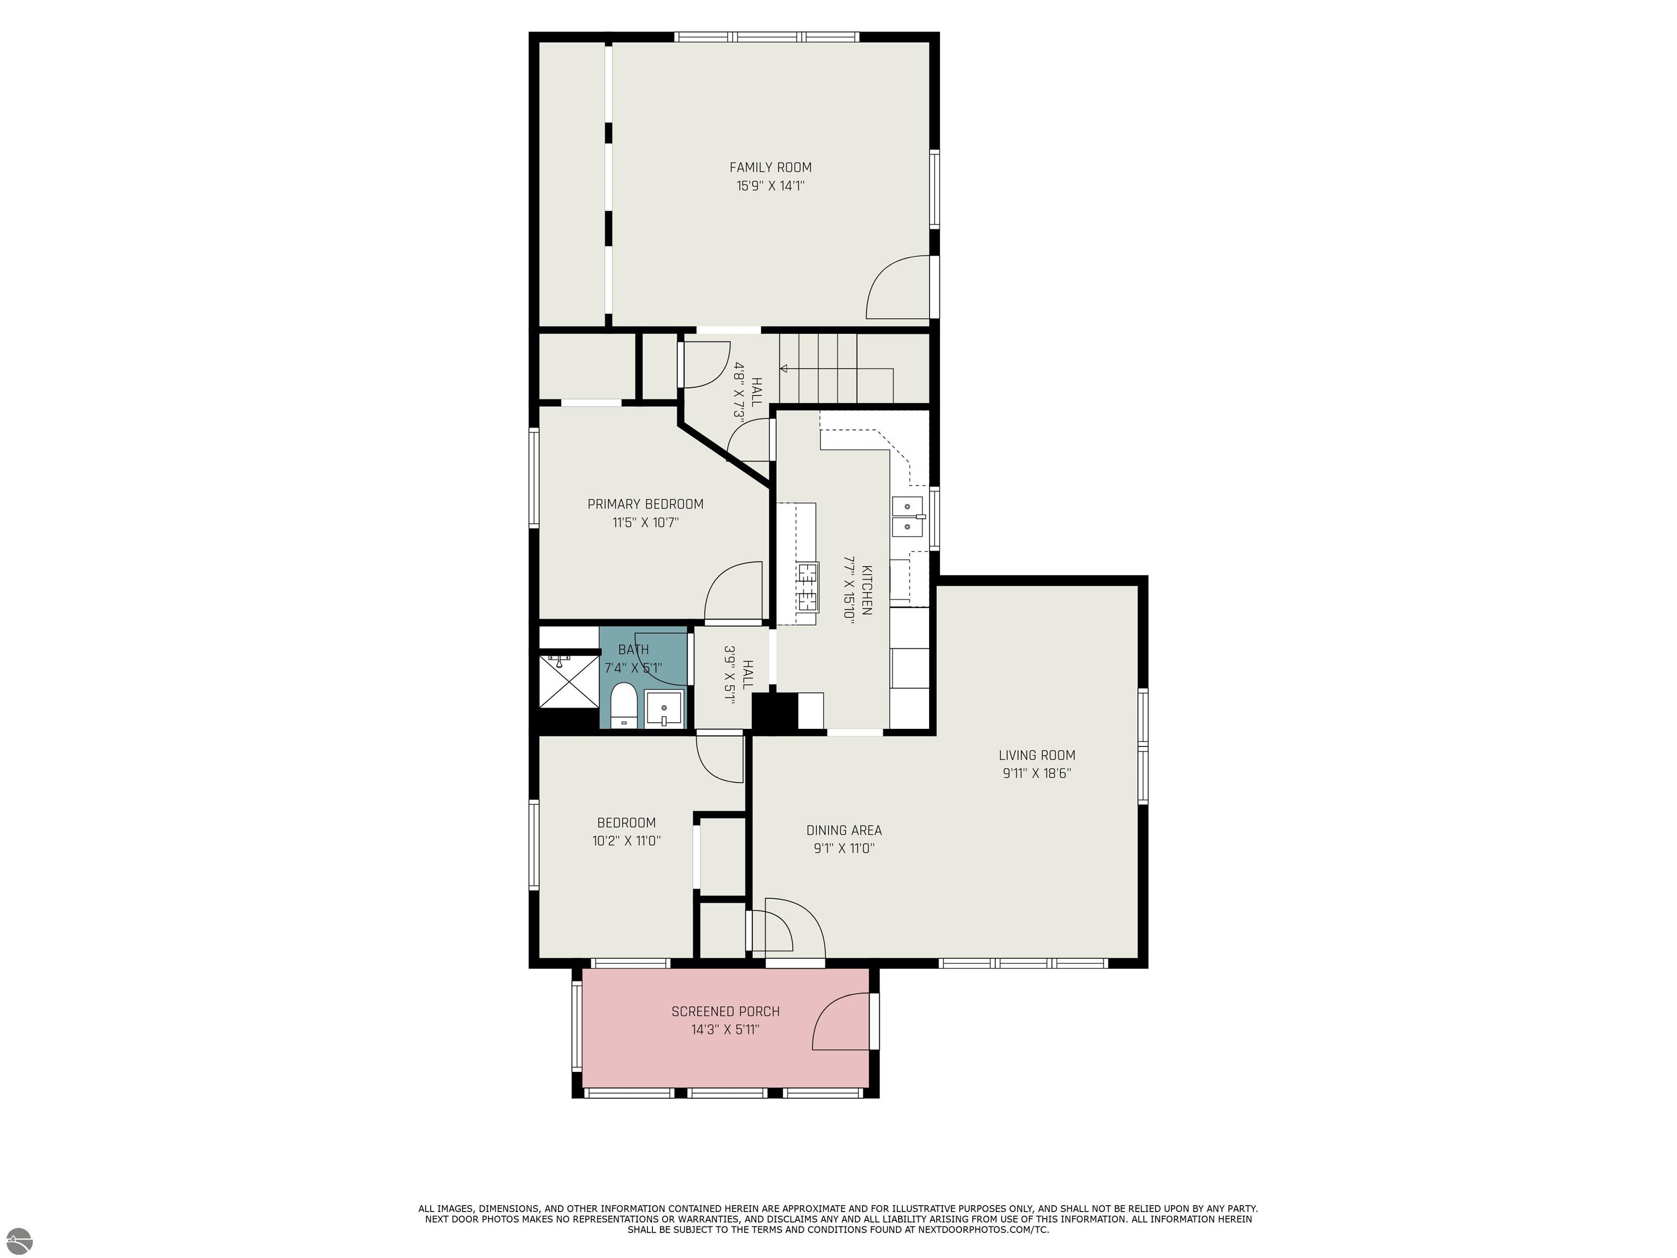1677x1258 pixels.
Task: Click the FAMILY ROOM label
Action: click(770, 168)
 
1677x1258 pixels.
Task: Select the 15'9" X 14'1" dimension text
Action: click(770, 186)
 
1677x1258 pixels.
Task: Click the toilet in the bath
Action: click(623, 704)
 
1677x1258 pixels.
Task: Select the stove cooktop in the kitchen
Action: click(807, 586)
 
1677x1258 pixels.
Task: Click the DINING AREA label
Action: click(844, 830)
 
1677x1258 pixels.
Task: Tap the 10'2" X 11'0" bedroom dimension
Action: click(626, 841)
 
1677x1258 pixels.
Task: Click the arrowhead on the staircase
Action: click(784, 369)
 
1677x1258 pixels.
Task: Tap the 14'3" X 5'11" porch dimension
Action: click(725, 1030)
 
